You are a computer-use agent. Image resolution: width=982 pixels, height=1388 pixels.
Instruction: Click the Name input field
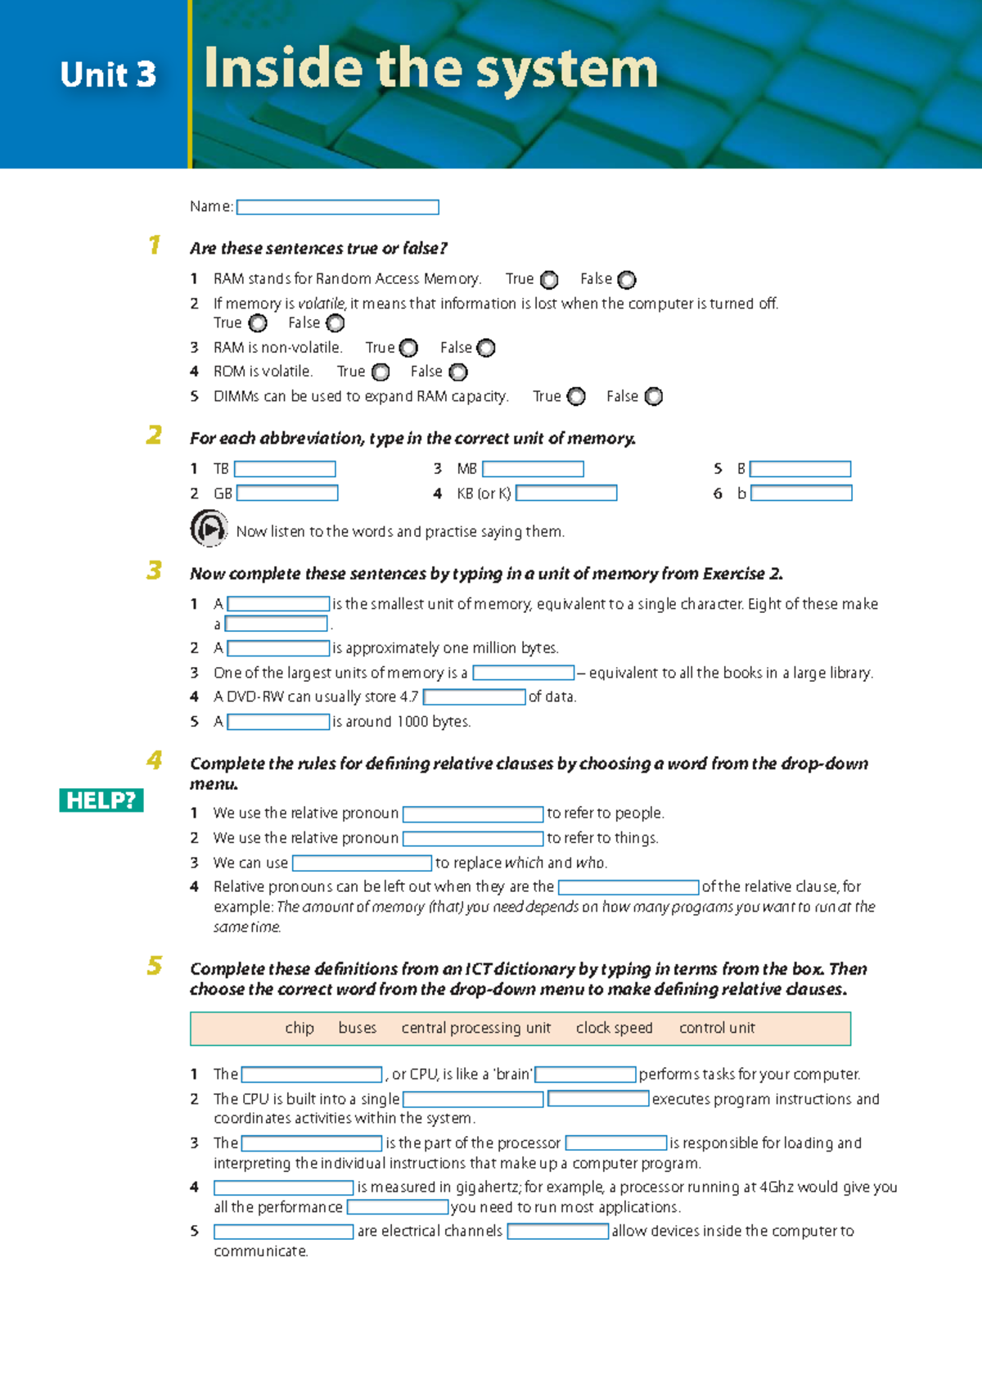337,207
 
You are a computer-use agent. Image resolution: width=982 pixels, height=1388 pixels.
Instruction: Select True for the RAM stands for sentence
549,280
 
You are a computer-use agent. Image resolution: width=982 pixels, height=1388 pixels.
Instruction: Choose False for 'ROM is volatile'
458,372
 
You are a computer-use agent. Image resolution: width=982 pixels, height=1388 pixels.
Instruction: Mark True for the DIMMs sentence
576,397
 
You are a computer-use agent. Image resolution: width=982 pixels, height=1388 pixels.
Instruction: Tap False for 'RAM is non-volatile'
486,349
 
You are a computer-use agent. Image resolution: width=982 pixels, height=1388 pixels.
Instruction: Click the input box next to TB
285,469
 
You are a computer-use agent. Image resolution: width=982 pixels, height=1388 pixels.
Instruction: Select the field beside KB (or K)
566,493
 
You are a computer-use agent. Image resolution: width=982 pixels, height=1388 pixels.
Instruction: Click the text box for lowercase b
801,493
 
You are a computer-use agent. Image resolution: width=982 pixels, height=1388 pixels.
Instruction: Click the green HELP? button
101,800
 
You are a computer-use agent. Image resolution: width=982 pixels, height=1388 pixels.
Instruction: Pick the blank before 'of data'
474,697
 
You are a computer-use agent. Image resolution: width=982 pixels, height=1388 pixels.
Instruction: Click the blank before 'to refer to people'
473,814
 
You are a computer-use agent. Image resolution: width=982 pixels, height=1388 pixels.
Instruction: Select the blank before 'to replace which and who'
362,863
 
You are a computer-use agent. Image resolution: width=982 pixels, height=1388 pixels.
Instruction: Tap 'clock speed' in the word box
614,1028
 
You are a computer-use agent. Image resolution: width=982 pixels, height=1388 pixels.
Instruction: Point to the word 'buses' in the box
358,1028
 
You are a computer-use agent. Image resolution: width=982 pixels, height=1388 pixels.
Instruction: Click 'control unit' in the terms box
717,1028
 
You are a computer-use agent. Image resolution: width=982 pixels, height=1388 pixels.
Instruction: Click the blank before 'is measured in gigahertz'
283,1187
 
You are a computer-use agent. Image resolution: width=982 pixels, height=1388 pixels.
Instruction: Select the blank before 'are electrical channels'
283,1232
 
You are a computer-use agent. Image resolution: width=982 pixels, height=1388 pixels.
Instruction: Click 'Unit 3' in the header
108,74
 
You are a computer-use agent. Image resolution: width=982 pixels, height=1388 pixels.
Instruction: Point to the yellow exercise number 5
155,966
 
